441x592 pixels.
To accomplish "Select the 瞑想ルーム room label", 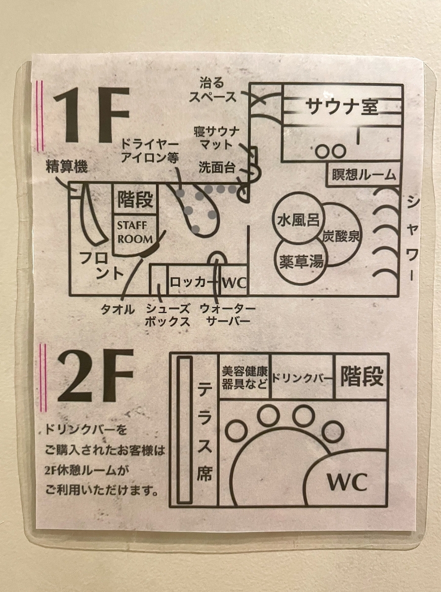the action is (364, 175).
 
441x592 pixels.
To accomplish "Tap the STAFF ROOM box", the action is (134, 232).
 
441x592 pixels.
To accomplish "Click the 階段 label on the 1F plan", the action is (135, 200).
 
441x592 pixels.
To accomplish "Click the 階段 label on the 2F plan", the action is (362, 377).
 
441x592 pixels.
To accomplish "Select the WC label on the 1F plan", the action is (234, 283).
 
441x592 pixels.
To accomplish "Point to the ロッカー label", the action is (193, 283).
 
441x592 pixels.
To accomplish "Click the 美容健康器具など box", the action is (244, 377).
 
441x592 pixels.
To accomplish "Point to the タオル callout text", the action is (118, 309).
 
